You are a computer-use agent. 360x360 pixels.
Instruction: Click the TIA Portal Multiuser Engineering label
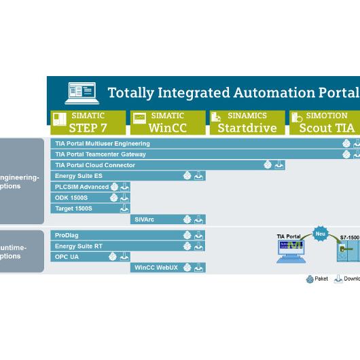103,144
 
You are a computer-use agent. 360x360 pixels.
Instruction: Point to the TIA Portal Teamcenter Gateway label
101,154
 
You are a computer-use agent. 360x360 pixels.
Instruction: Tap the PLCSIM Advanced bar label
82,187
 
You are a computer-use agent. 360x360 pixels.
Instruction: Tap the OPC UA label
67,257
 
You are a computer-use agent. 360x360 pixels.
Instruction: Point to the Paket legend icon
309,279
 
